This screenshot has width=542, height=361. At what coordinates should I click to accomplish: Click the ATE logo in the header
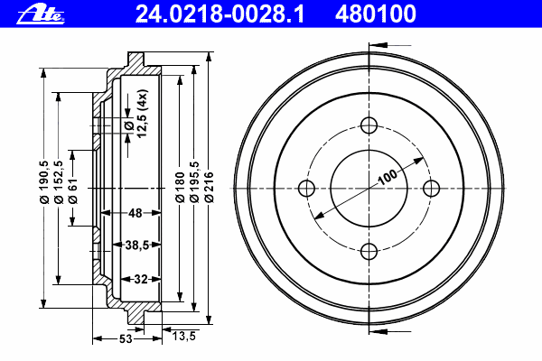point(41,14)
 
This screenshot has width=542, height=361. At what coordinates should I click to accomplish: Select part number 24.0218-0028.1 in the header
point(220,14)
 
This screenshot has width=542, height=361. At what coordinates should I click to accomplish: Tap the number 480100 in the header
point(376,14)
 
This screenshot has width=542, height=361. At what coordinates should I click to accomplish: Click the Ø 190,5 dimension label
point(44,182)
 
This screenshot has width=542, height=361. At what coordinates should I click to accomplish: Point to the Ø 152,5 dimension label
point(59,182)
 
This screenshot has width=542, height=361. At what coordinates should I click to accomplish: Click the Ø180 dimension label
point(180,187)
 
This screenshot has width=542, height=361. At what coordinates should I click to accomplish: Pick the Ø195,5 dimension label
point(194,181)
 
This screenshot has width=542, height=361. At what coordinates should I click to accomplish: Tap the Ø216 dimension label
point(209,187)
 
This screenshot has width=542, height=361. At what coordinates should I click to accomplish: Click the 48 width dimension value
point(135,213)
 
